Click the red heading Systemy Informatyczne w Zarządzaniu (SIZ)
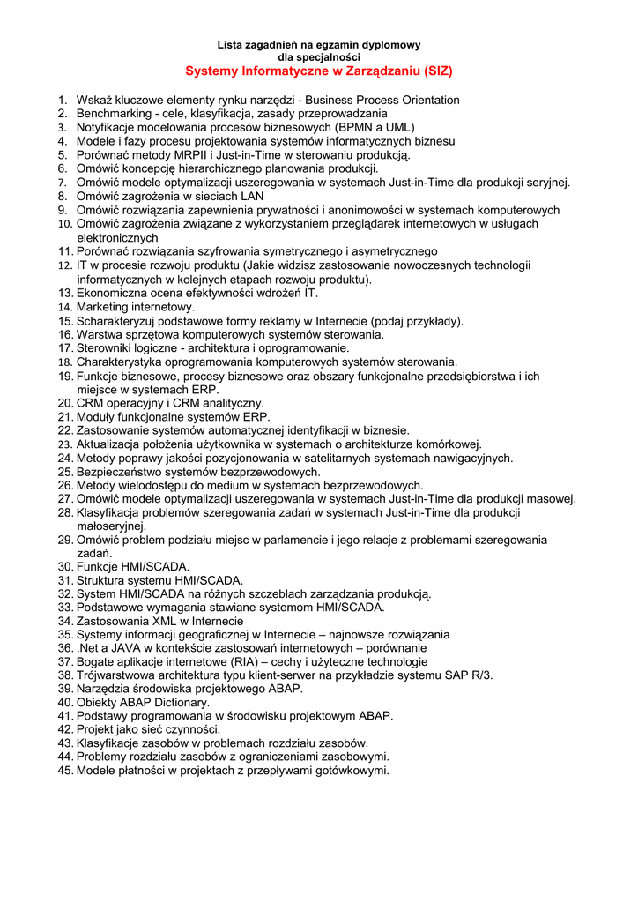(319, 70)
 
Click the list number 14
(65, 307)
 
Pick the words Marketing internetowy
(136, 307)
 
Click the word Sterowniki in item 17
(105, 348)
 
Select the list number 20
(65, 403)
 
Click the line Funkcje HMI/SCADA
(133, 567)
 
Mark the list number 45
(65, 771)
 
